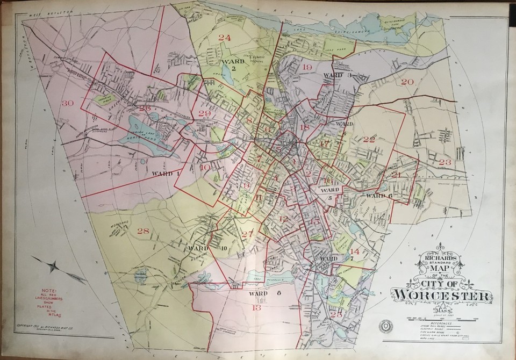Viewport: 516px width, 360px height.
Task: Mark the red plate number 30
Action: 68,103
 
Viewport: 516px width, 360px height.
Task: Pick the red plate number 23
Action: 446,162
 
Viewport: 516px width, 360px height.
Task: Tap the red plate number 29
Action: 204,113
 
